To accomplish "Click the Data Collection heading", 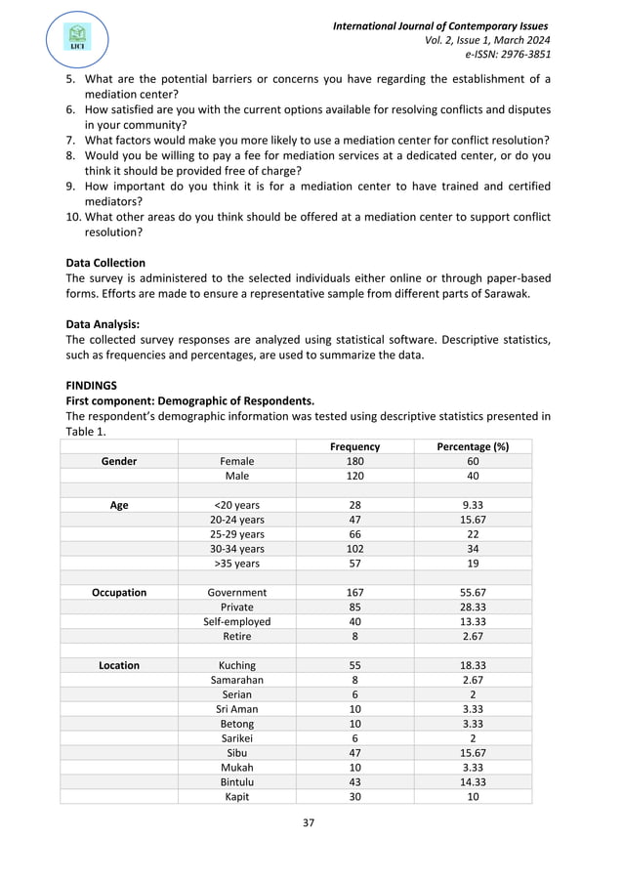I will (x=105, y=263).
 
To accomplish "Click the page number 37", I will (x=309, y=822).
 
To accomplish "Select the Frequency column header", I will (x=354, y=446).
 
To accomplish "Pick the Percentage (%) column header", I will (x=473, y=446).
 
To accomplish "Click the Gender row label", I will (x=118, y=461).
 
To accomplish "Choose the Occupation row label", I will (x=118, y=592).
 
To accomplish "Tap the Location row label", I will (x=118, y=665).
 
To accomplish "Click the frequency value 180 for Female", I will (x=354, y=461).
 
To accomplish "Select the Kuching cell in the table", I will (x=236, y=665).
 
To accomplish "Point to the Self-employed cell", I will (x=236, y=621).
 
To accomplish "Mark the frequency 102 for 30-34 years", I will (x=354, y=549).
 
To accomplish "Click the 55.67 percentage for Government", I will (x=473, y=592).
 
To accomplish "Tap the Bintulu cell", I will (x=236, y=782).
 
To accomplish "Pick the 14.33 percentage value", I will (x=473, y=782).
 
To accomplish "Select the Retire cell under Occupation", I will (x=236, y=636).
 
